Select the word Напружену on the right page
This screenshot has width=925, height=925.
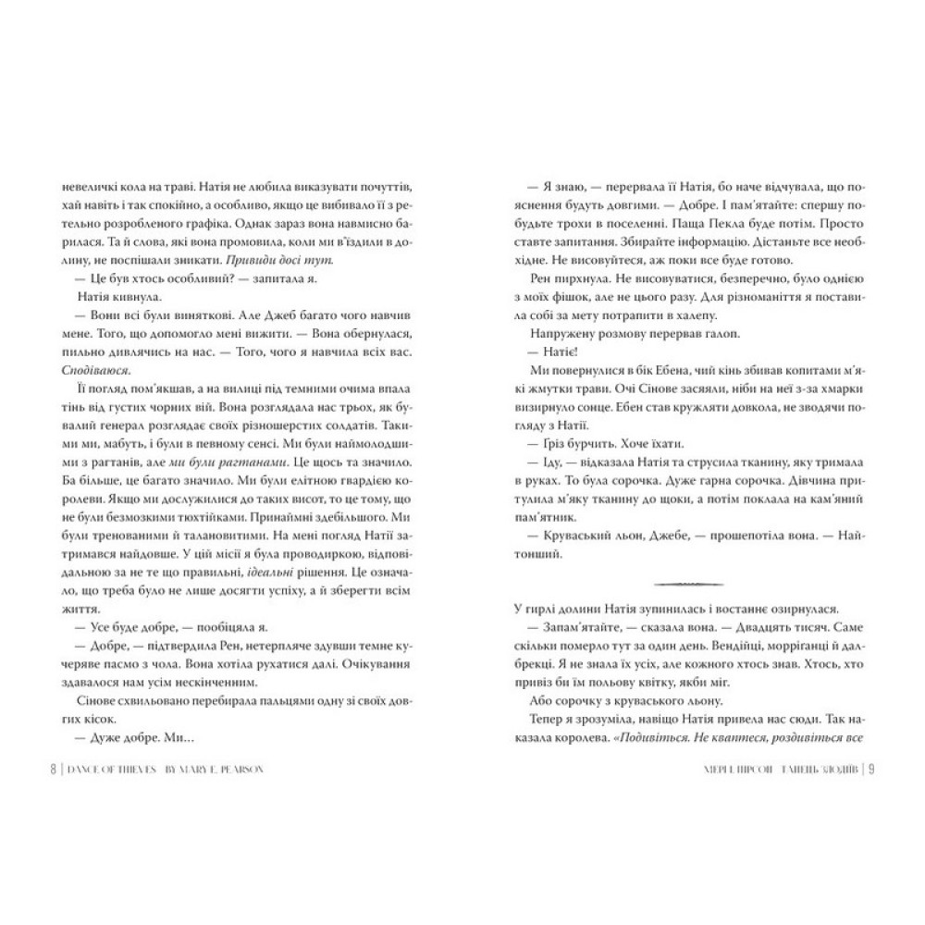pyautogui.click(x=565, y=333)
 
